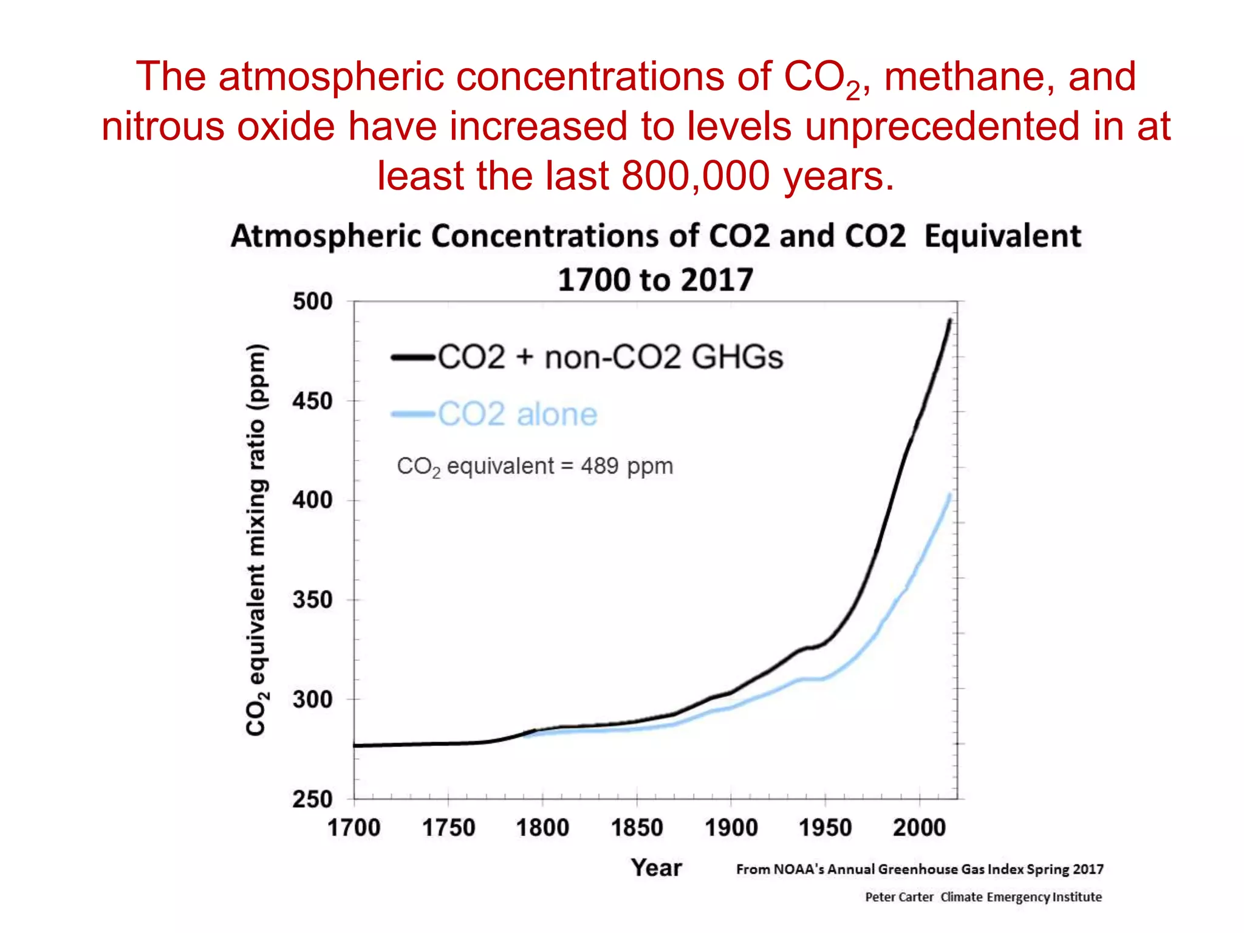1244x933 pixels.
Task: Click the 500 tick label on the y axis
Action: click(312, 302)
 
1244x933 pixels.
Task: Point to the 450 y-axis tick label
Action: click(312, 402)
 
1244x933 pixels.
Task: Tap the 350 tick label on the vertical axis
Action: click(312, 600)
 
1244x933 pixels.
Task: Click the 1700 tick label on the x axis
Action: click(354, 828)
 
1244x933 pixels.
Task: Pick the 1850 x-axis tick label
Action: click(637, 828)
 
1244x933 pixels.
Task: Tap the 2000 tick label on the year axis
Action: click(919, 828)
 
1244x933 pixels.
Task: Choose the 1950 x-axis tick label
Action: click(825, 828)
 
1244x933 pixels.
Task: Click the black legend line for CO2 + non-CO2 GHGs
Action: click(413, 357)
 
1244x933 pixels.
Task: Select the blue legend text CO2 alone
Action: click(518, 414)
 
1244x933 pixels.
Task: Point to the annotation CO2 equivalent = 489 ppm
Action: click(535, 466)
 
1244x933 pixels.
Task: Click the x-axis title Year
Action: click(656, 867)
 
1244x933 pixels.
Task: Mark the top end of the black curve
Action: click(950, 321)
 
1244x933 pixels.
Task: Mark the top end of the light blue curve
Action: click(949, 495)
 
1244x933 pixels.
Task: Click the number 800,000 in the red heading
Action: click(696, 176)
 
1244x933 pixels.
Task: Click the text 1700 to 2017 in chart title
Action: click(655, 280)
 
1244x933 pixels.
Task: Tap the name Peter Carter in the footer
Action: click(899, 897)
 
